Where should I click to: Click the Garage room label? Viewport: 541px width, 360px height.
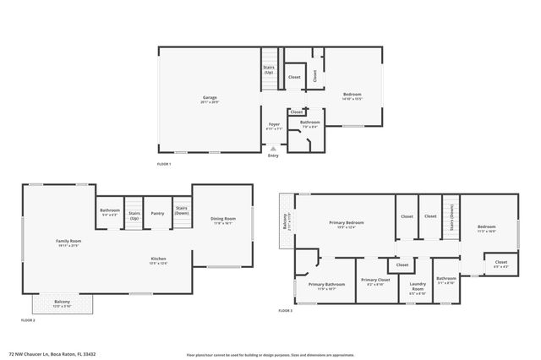click(x=209, y=98)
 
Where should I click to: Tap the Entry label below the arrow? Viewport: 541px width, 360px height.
click(x=273, y=155)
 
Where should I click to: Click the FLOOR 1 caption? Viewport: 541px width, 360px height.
click(x=164, y=163)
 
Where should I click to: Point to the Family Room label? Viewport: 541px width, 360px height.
click(x=68, y=243)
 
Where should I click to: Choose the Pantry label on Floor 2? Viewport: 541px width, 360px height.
click(x=157, y=213)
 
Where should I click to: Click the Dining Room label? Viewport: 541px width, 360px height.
click(x=223, y=220)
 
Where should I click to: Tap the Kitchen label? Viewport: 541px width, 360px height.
click(x=158, y=259)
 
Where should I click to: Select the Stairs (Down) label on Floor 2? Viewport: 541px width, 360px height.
click(x=181, y=210)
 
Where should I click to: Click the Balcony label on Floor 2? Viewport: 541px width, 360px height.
click(x=63, y=303)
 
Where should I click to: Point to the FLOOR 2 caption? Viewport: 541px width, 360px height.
click(x=28, y=321)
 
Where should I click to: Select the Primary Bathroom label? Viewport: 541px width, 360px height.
click(x=325, y=285)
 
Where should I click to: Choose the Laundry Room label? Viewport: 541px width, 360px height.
click(x=416, y=286)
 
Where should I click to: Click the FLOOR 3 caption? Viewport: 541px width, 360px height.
click(x=285, y=311)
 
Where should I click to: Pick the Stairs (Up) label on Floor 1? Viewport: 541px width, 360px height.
click(x=269, y=69)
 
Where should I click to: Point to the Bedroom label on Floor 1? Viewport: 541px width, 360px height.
click(x=352, y=94)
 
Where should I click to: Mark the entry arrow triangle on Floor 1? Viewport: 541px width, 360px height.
click(x=273, y=148)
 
